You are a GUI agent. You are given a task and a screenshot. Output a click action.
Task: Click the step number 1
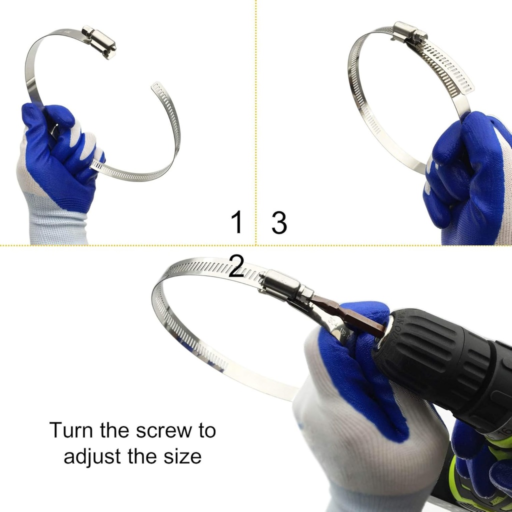tap(237, 222)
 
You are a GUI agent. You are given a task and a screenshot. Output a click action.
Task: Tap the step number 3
tap(279, 222)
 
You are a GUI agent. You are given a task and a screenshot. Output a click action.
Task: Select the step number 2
tap(236, 266)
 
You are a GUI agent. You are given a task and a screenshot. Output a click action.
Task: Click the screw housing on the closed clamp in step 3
tap(409, 33)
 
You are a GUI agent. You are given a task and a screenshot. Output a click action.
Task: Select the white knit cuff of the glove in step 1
tap(57, 225)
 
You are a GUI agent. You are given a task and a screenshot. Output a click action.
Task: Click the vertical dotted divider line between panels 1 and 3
tap(256, 125)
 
